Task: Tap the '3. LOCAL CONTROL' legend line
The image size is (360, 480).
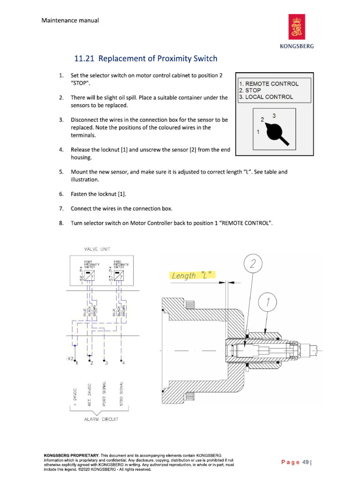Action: [266, 97]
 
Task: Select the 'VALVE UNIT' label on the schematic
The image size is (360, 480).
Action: [97, 249]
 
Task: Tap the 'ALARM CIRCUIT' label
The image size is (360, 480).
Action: [101, 419]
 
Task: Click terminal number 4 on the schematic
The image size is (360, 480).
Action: [123, 363]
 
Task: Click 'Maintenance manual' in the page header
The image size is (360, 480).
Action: [70, 21]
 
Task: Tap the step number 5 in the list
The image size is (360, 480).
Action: [61, 172]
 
